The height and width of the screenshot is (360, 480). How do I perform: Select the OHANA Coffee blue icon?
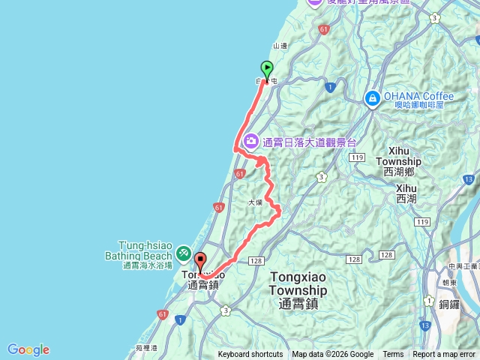[x=372, y=98]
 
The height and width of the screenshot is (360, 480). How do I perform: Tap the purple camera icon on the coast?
[x=250, y=140]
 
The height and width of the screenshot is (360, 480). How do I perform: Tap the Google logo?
[x=28, y=349]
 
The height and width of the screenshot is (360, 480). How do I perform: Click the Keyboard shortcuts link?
[x=250, y=355]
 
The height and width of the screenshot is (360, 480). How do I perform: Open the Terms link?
[x=393, y=355]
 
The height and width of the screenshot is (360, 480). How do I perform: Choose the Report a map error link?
[x=445, y=355]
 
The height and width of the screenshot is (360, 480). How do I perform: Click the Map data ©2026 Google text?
[x=333, y=355]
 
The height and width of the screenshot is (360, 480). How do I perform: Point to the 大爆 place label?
[x=255, y=202]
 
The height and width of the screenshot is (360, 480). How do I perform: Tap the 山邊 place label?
[x=280, y=46]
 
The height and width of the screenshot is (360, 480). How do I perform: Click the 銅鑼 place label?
[x=450, y=304]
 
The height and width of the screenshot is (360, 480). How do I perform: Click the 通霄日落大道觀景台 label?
[x=308, y=141]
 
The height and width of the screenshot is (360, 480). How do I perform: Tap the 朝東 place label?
[x=450, y=283]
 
